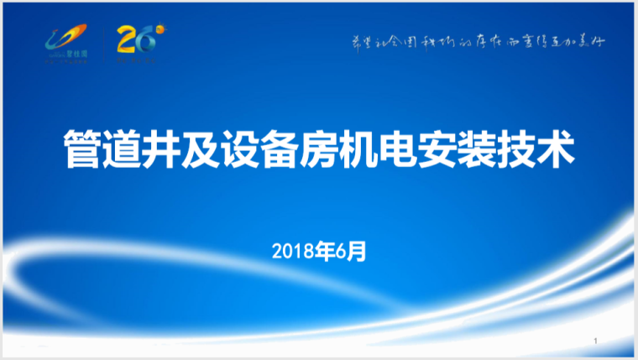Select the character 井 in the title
coord(165,150)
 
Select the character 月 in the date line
coord(358,250)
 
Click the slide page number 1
coord(594,342)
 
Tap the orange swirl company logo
coord(65,43)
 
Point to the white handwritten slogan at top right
coord(477,41)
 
